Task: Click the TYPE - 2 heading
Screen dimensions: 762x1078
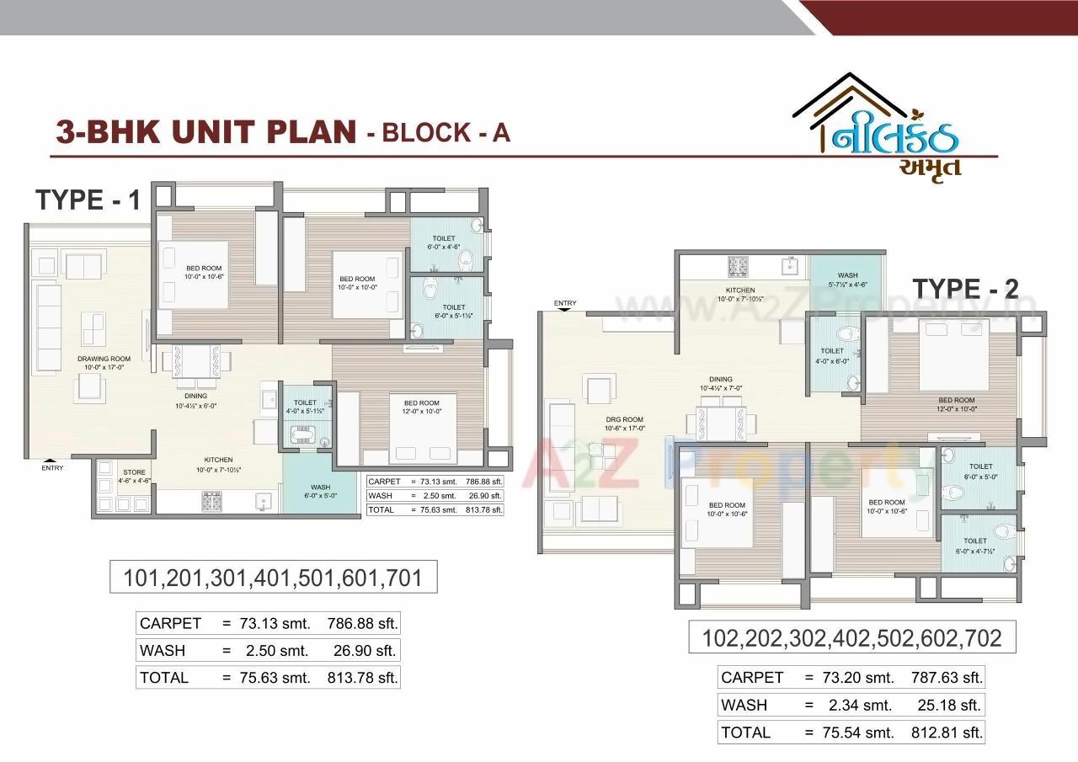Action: point(965,289)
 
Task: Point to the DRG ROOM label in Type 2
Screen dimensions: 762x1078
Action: point(625,419)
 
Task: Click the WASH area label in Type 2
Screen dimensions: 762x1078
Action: point(847,276)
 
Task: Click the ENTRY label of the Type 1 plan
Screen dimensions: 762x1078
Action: point(52,468)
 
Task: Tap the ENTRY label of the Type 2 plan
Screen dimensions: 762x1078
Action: point(565,303)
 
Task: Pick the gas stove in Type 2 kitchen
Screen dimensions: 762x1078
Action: point(739,266)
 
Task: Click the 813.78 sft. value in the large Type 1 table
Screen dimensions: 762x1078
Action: point(361,677)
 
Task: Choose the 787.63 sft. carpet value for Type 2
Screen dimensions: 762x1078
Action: point(947,677)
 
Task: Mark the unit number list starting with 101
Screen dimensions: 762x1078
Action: point(273,577)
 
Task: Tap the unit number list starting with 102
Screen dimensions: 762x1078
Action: point(851,637)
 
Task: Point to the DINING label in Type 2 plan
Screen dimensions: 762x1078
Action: point(720,379)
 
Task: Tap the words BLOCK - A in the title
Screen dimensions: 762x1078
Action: point(445,132)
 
